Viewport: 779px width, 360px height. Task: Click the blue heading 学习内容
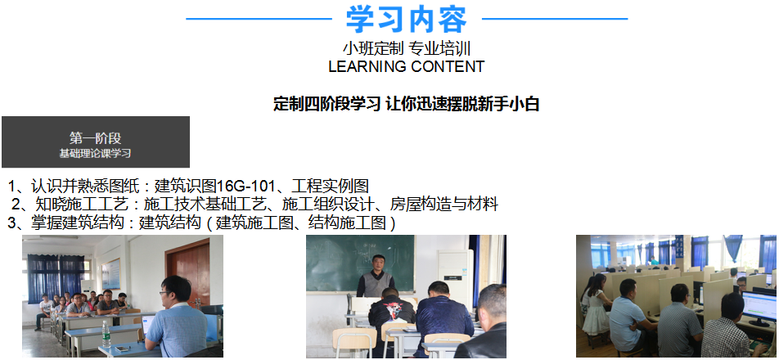click(407, 20)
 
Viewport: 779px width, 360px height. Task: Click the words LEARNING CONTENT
click(407, 66)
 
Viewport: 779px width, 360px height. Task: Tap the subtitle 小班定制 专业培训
click(407, 48)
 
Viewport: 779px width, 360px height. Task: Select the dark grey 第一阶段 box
click(96, 142)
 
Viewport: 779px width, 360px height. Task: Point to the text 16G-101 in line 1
click(246, 187)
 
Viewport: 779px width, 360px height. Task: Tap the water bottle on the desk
click(106, 334)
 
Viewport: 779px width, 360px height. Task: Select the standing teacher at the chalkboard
click(376, 277)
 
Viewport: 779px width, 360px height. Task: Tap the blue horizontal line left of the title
click(259, 20)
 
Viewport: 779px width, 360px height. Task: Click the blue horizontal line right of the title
click(555, 20)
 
